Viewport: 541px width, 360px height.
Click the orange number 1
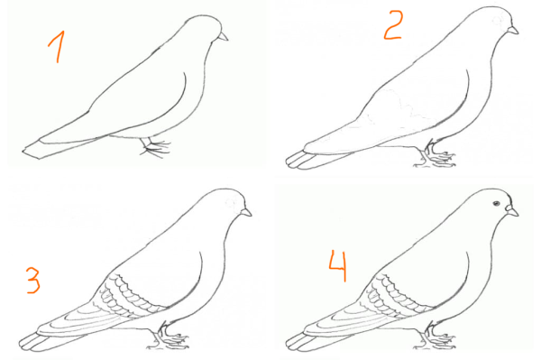(57, 47)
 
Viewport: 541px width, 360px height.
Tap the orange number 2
(393, 25)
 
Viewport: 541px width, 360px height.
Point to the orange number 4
(337, 266)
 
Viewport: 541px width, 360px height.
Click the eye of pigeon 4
(496, 203)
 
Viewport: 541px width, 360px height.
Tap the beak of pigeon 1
(223, 36)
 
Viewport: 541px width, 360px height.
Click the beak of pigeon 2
(513, 31)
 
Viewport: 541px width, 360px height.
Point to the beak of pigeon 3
(246, 212)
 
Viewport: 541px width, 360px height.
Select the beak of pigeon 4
(512, 210)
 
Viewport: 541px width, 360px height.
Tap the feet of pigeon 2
(435, 154)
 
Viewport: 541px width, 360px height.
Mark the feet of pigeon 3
(168, 336)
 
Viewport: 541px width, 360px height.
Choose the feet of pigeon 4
(436, 336)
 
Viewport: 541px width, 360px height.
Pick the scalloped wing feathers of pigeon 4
(397, 295)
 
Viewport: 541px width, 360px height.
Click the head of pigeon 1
(204, 30)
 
